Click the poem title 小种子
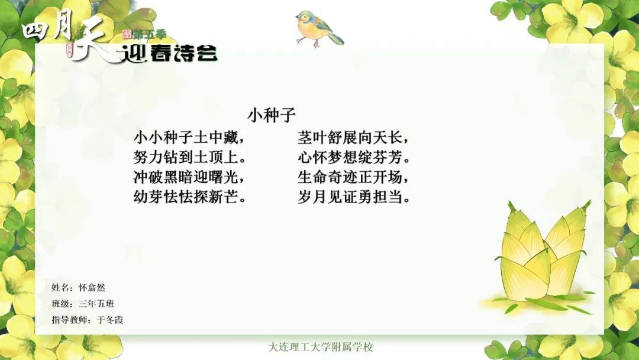click(272, 115)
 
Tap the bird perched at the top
click(319, 28)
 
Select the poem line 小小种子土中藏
click(186, 138)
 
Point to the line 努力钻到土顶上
click(186, 157)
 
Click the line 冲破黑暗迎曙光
click(186, 178)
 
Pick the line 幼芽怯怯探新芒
click(186, 197)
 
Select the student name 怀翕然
click(92, 288)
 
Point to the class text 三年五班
click(96, 304)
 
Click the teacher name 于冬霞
click(109, 320)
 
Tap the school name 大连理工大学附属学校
click(321, 348)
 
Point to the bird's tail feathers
click(335, 38)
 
